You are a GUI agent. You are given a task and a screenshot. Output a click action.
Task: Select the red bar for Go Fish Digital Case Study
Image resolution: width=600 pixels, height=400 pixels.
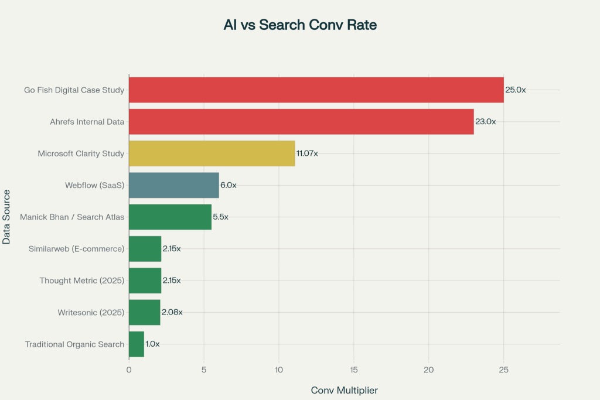316,90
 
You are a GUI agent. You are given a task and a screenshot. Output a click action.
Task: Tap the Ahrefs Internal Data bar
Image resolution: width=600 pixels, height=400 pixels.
301,122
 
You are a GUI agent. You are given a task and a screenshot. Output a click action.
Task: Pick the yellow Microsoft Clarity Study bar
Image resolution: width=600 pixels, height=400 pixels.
212,153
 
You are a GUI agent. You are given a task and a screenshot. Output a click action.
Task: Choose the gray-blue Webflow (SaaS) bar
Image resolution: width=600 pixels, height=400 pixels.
173,185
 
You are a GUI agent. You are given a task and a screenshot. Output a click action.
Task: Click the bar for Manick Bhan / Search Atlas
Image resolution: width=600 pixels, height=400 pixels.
170,217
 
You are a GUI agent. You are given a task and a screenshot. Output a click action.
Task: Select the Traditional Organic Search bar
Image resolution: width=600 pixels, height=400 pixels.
137,344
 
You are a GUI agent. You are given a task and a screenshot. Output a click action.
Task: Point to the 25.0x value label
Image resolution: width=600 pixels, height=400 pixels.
516,90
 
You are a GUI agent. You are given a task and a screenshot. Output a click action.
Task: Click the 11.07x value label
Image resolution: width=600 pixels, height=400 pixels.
307,153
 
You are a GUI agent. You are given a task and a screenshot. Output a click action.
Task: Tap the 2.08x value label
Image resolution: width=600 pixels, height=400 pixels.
172,312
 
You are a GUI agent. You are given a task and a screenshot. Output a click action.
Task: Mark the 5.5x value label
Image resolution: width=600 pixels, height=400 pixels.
220,217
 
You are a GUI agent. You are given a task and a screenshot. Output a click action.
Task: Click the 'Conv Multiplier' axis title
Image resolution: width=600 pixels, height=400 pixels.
345,390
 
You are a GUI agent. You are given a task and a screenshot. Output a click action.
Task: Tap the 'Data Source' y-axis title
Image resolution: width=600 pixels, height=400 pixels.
6,217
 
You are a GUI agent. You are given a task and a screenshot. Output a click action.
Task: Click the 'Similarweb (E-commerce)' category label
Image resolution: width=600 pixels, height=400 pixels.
77,249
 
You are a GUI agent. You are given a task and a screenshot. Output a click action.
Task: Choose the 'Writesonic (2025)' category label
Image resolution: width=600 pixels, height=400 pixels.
91,312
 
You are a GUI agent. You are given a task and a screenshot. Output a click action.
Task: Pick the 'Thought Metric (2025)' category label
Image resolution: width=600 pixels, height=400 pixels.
82,281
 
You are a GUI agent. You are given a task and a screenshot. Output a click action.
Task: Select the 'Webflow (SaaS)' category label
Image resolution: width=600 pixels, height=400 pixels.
94,185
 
